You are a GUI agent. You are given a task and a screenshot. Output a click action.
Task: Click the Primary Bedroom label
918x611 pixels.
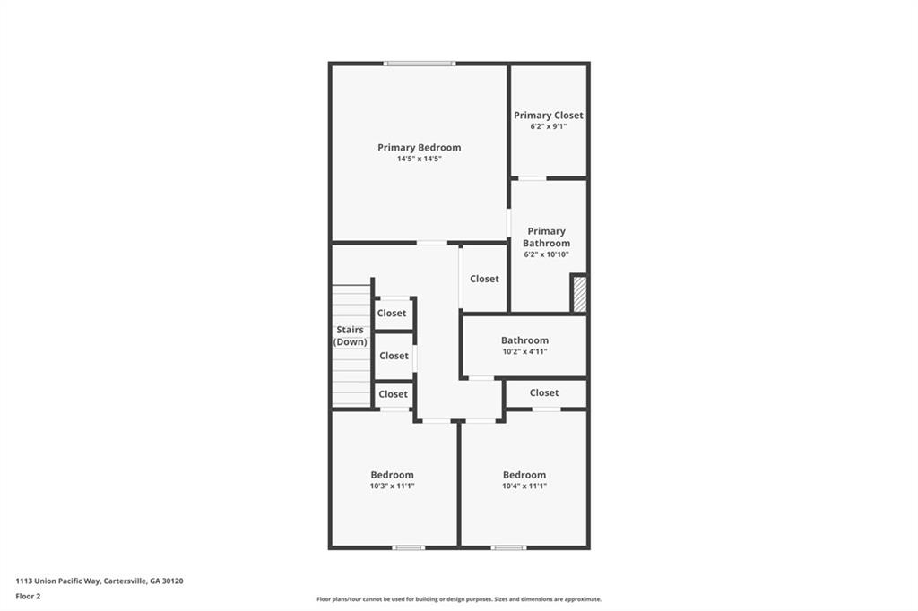pyautogui.click(x=419, y=148)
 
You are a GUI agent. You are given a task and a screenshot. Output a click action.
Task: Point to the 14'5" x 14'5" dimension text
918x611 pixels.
pyautogui.click(x=419, y=159)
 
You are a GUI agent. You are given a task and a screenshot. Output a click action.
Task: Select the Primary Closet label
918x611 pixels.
pyautogui.click(x=548, y=116)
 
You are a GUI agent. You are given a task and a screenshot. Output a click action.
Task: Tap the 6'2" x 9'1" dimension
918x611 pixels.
pyautogui.click(x=548, y=126)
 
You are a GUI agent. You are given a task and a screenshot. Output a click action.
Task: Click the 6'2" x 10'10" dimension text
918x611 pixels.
pyautogui.click(x=546, y=254)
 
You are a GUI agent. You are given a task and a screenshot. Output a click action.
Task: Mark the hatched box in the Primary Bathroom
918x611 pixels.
pyautogui.click(x=579, y=295)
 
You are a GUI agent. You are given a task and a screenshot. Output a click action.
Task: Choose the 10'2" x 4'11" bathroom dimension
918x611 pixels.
pyautogui.click(x=524, y=351)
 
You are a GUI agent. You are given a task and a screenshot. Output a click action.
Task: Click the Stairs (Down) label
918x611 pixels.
pyautogui.click(x=350, y=336)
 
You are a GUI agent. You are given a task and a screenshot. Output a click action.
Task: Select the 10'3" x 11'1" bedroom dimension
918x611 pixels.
pyautogui.click(x=392, y=486)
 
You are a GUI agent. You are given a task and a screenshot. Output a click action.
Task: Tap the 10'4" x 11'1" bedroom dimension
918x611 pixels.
pyautogui.click(x=524, y=486)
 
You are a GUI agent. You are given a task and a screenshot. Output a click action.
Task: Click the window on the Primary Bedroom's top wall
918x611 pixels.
pyautogui.click(x=420, y=64)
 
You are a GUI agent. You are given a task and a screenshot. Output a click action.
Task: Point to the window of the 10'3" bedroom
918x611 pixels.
pyautogui.click(x=409, y=547)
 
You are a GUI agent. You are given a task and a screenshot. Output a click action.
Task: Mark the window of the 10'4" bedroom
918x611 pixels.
pyautogui.click(x=508, y=547)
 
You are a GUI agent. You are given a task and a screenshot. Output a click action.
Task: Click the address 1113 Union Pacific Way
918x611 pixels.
pyautogui.click(x=100, y=581)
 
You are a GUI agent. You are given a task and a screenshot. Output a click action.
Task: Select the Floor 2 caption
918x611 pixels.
pyautogui.click(x=28, y=596)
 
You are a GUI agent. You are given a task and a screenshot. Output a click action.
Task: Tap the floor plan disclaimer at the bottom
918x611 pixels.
pyautogui.click(x=458, y=599)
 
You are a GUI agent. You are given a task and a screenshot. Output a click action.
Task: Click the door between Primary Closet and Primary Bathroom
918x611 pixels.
pyautogui.click(x=533, y=178)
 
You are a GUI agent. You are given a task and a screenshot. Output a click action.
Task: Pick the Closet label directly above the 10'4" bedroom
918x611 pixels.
pyautogui.click(x=543, y=393)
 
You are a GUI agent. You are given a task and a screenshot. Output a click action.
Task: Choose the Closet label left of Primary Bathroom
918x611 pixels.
pyautogui.click(x=484, y=279)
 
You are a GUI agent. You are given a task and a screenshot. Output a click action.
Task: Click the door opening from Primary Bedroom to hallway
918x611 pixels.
pyautogui.click(x=431, y=243)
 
